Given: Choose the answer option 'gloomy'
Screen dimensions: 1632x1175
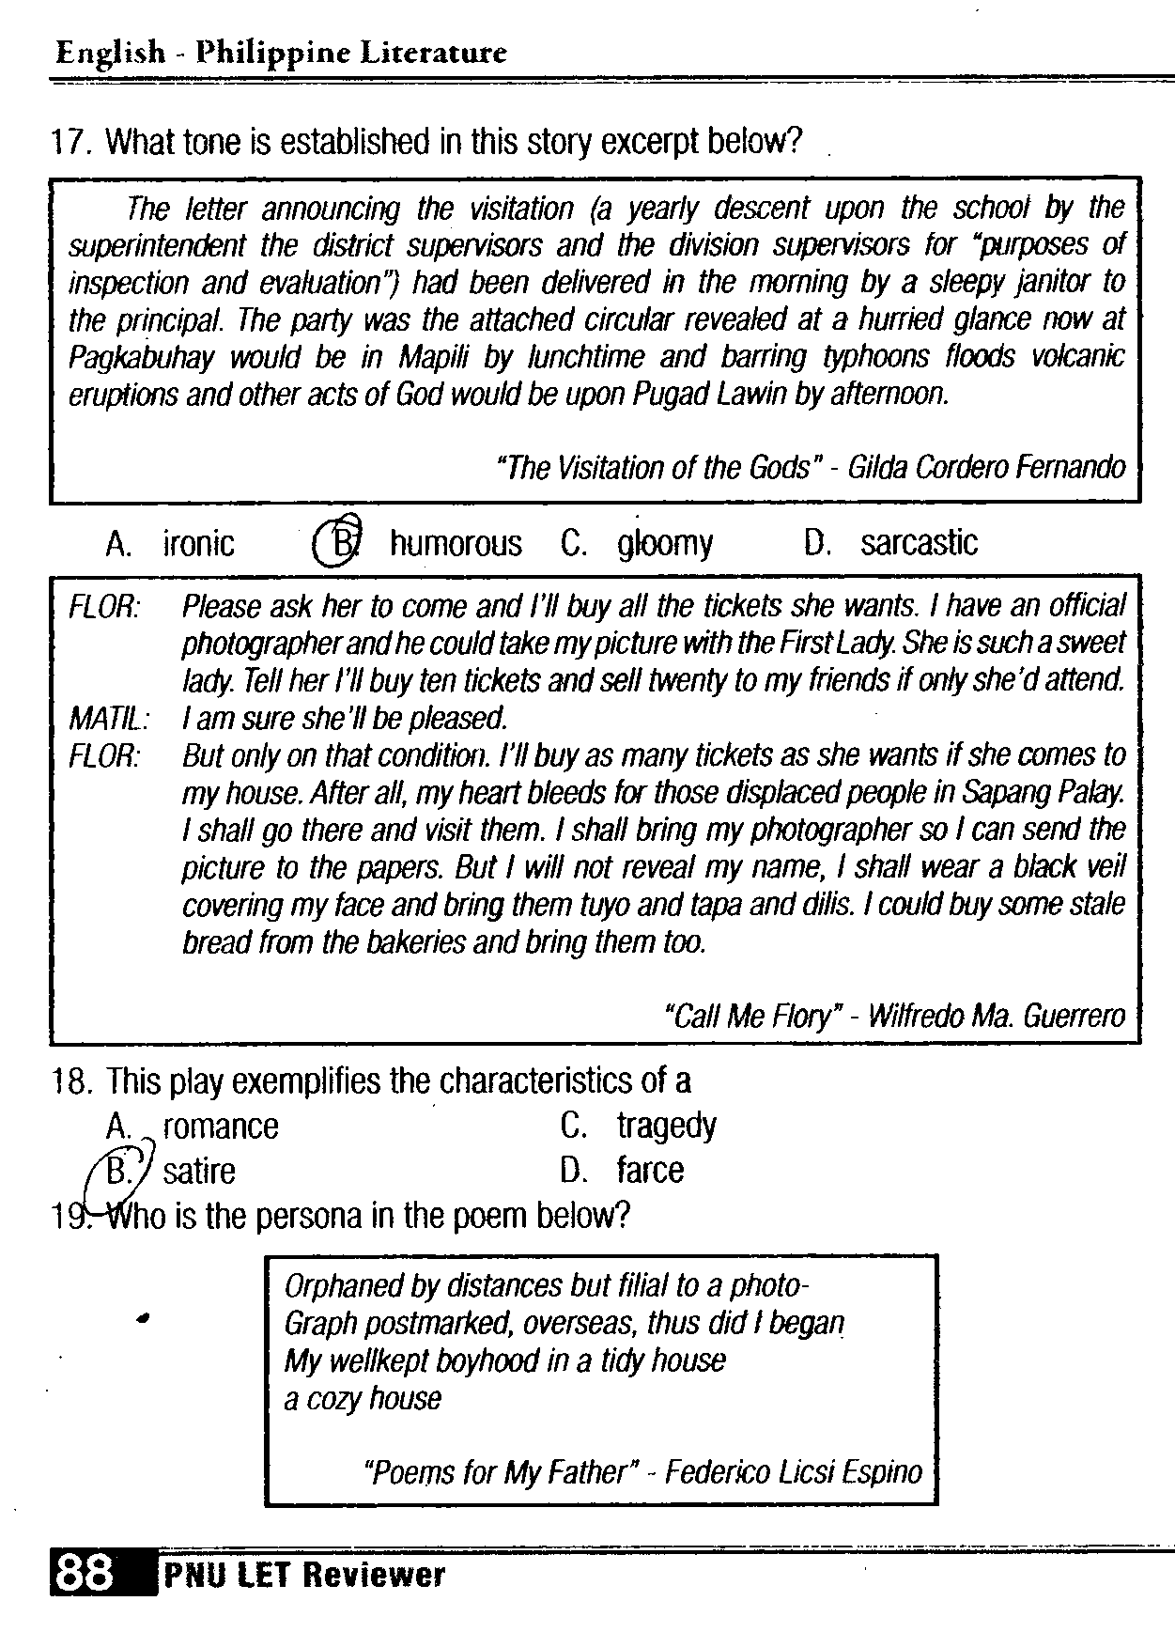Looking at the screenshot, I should (x=665, y=543).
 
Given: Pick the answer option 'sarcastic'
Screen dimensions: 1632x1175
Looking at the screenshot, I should (x=919, y=542).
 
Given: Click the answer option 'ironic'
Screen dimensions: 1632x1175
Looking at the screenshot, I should (x=198, y=543).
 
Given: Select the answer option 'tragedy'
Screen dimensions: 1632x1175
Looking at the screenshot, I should (x=666, y=1125).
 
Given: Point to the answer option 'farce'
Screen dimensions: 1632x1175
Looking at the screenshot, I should (x=650, y=1170).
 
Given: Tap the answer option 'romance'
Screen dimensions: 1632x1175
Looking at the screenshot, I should (x=221, y=1126).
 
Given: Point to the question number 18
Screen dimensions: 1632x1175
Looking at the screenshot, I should (x=71, y=1081).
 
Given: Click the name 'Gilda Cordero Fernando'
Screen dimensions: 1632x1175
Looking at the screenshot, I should (x=985, y=467).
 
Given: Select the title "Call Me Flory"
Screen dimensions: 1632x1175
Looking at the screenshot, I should (x=749, y=1016).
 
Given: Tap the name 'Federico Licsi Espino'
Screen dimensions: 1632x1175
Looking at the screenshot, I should (x=793, y=1471).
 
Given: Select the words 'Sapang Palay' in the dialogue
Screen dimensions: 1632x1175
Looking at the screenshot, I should (x=1043, y=793).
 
